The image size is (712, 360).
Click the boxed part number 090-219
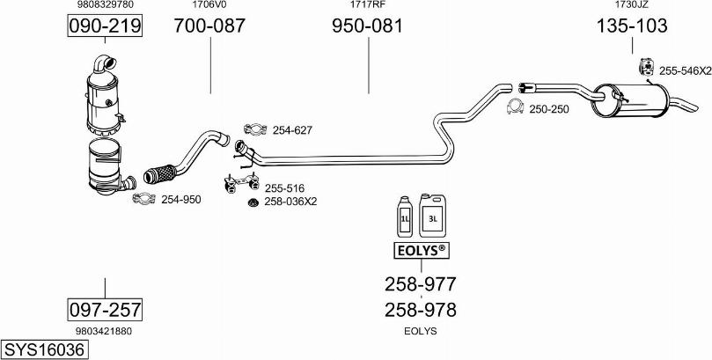[105, 27]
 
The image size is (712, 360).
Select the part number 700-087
[209, 27]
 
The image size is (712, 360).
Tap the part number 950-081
[367, 27]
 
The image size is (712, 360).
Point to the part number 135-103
[631, 27]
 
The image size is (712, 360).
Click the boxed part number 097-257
[105, 310]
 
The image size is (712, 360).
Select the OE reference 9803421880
[105, 331]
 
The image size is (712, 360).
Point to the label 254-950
[181, 200]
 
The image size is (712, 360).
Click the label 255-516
[284, 187]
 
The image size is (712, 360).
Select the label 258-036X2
[290, 202]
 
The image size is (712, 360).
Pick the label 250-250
[549, 109]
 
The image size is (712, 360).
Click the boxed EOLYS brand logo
[420, 252]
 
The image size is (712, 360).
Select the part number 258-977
[420, 283]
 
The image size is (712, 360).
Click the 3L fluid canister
[432, 216]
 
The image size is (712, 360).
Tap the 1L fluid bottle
[404, 219]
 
